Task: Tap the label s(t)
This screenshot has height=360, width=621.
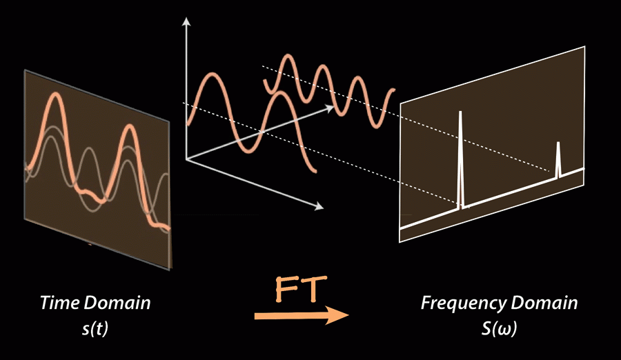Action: click(x=95, y=330)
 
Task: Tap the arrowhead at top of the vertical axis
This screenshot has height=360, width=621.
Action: click(x=185, y=22)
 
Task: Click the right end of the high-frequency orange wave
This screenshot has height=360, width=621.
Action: click(x=394, y=90)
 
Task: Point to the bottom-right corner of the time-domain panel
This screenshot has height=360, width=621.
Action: click(x=170, y=270)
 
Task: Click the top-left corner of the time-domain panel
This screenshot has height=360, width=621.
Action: click(x=24, y=70)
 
